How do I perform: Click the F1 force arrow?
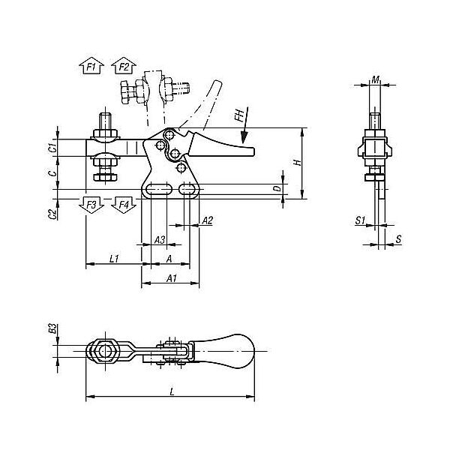point(91,67)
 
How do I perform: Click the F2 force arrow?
point(124,67)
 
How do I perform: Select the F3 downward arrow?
point(91,205)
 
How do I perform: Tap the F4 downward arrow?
point(124,205)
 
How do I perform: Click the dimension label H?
point(298,163)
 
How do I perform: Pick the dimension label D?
point(277,188)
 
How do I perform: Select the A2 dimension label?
point(207,220)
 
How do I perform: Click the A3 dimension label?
point(160,240)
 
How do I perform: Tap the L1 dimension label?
point(114,259)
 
